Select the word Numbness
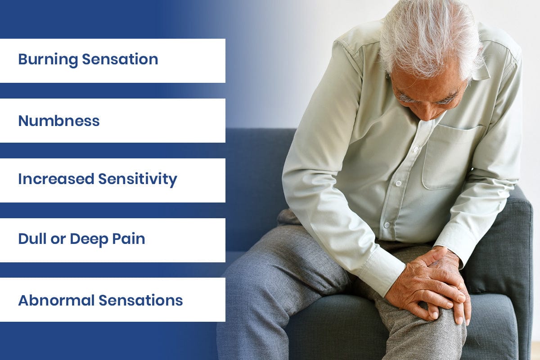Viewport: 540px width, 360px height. pos(58,121)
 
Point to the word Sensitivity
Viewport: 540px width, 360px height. pos(138,180)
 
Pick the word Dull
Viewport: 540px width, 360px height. pos(32,239)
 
